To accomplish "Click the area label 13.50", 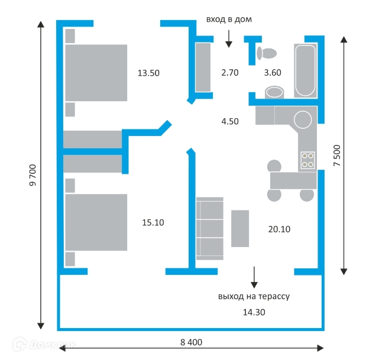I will tap(148, 73).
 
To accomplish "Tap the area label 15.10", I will tap(153, 223).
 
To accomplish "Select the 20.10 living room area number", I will tap(278, 229).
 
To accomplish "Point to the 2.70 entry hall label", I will tap(229, 73).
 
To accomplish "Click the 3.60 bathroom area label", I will tap(273, 73).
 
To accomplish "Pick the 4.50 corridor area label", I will tap(229, 122).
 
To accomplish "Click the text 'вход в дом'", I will tap(229, 20).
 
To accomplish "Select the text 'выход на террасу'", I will tap(253, 296).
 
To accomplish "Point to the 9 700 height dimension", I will tap(33, 176).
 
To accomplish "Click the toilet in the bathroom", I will tap(267, 53).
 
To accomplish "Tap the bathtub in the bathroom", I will tap(305, 70).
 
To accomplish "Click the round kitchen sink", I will tap(303, 119).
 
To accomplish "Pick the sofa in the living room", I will tap(210, 228).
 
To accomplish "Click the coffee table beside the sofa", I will tap(240, 228).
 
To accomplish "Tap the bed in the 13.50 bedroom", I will tap(96, 72).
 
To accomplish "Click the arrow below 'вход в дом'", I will tap(229, 38).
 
